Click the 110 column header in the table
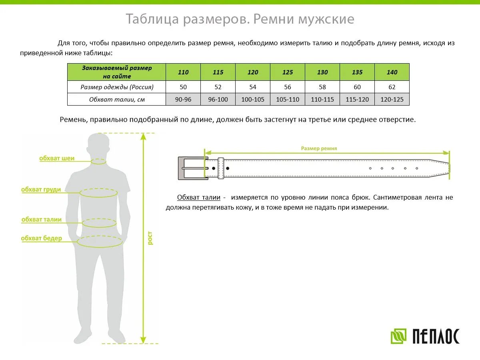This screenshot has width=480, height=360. point(183,72)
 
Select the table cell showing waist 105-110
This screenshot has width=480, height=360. point(288,99)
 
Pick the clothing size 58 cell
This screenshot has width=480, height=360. point(322,87)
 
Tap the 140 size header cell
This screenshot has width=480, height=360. point(392,72)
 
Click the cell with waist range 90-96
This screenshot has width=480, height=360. point(183,99)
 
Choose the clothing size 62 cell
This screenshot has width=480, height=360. point(392,87)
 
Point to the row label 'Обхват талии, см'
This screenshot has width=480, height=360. point(117,99)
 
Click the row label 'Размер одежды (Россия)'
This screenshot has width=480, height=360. point(117,87)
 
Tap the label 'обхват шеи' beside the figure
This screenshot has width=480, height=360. point(57,158)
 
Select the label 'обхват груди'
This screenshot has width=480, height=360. point(41,190)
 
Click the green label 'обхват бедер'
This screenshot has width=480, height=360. point(42,238)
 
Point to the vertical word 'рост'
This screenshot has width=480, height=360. point(150,238)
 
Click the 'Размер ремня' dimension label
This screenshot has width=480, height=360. point(319,148)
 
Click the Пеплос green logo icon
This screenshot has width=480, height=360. point(398,336)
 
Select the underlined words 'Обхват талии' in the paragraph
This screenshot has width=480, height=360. point(199,198)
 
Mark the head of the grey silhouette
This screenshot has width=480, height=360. point(98,146)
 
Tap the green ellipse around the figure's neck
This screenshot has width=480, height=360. point(98,162)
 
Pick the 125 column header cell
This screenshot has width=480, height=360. point(288,72)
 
